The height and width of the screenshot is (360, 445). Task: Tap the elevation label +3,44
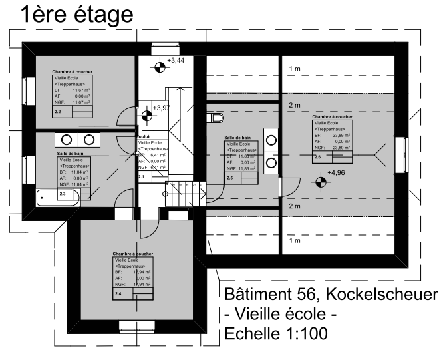pyautogui.click(x=176, y=61)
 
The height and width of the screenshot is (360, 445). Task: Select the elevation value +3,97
pyautogui.click(x=162, y=108)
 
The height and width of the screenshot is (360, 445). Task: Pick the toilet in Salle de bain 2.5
pyautogui.click(x=215, y=118)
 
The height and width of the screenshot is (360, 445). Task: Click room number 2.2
pyautogui.click(x=57, y=112)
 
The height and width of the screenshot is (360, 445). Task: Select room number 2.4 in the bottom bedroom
pyautogui.click(x=119, y=293)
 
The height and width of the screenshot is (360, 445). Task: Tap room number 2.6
pyautogui.click(x=317, y=157)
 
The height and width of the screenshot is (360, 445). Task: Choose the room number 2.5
pyautogui.click(x=229, y=178)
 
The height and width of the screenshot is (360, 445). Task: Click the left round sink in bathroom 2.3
pyautogui.click(x=67, y=140)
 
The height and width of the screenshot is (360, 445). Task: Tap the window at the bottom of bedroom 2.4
pyautogui.click(x=136, y=325)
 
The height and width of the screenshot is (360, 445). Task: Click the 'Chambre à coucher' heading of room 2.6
pyautogui.click(x=332, y=116)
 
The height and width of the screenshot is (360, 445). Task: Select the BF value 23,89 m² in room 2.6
pyautogui.click(x=341, y=135)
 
